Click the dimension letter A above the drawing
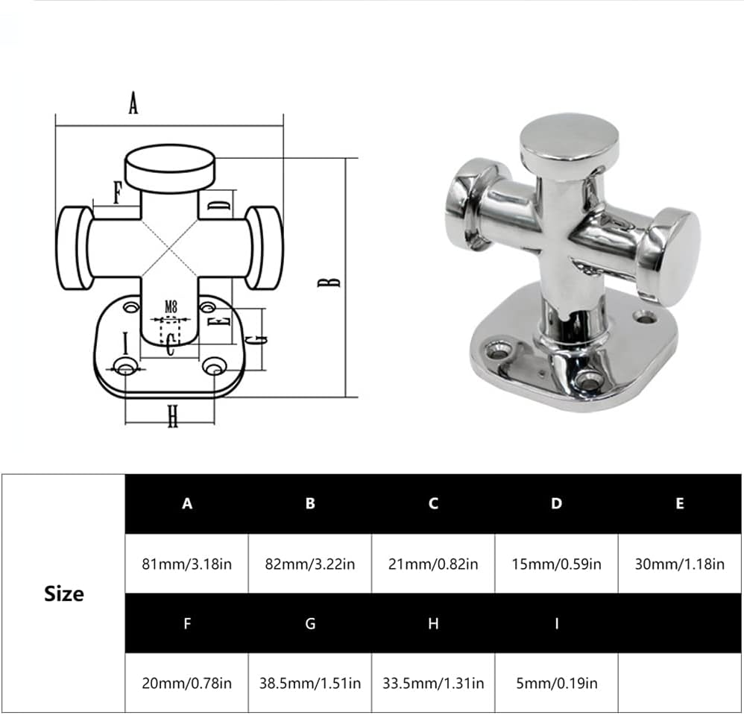(x=133, y=104)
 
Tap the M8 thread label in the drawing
(x=171, y=306)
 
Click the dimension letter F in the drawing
(x=117, y=193)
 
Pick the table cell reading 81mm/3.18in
(x=186, y=564)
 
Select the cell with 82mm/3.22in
(x=310, y=564)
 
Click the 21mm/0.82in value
(x=433, y=564)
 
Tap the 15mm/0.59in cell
(x=556, y=564)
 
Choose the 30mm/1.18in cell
(x=679, y=564)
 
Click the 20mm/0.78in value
(x=186, y=682)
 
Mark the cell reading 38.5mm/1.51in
(x=310, y=682)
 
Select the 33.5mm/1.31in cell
(x=433, y=682)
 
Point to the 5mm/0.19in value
(x=556, y=682)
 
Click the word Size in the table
(x=63, y=594)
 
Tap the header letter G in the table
(x=310, y=623)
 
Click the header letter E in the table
(x=679, y=504)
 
